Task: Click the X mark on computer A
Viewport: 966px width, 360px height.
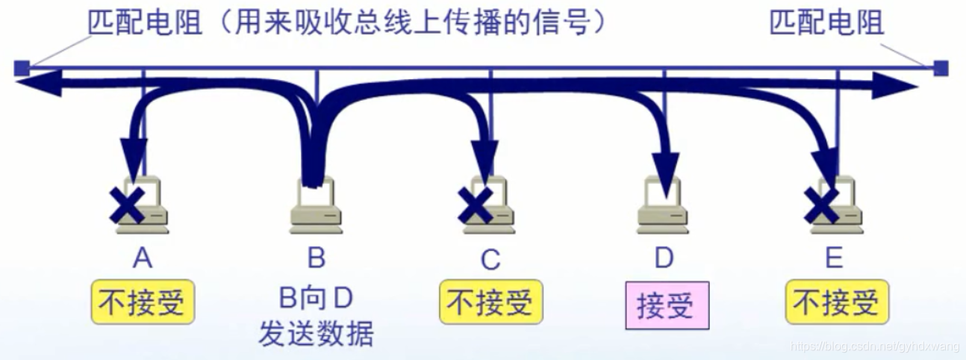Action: (126, 206)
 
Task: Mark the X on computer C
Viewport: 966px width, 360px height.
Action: (475, 206)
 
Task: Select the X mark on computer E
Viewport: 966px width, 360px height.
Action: (821, 206)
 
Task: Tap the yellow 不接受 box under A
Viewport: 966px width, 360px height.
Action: (143, 302)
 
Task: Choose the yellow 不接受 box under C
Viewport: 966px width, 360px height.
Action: (490, 302)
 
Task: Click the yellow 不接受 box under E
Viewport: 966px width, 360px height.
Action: (837, 302)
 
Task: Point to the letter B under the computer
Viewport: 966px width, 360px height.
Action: (317, 258)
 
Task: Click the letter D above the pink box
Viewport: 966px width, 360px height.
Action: (664, 258)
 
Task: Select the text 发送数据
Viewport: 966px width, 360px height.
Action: (316, 334)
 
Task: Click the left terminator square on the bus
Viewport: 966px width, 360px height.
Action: (22, 69)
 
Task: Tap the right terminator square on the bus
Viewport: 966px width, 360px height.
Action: (941, 69)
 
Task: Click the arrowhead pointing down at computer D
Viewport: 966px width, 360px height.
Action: (664, 163)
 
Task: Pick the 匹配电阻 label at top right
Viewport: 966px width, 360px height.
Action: (826, 23)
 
